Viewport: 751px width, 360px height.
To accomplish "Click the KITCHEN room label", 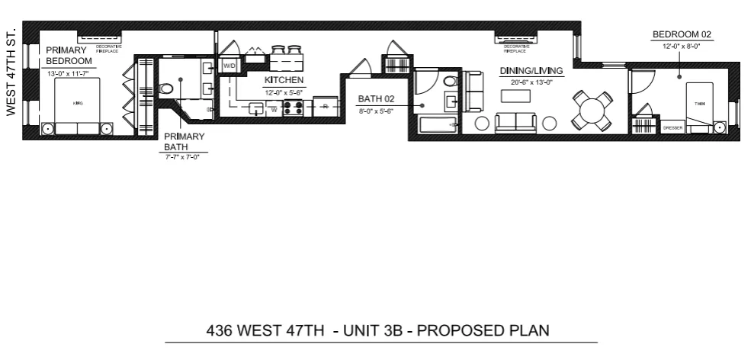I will tap(284, 80).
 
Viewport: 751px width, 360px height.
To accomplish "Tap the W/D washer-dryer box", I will tap(229, 66).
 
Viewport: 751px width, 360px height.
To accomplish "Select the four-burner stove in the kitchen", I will tap(293, 108).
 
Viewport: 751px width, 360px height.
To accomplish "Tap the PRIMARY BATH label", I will tap(185, 142).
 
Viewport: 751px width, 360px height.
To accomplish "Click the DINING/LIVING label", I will tap(531, 71).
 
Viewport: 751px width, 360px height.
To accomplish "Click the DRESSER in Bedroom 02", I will tap(672, 127).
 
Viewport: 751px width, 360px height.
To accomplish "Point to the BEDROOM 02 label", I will tap(681, 34).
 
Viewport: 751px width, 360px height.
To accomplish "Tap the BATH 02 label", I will tap(374, 99).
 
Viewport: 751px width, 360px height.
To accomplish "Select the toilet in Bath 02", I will tap(450, 81).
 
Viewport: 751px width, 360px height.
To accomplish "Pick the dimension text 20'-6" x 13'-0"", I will tap(531, 80).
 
